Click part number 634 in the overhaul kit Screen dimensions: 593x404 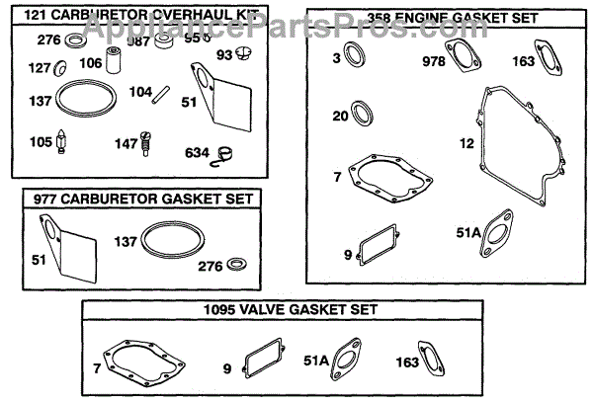[198, 152]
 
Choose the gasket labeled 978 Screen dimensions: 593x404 [461, 60]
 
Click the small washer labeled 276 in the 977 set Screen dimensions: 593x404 [236, 266]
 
